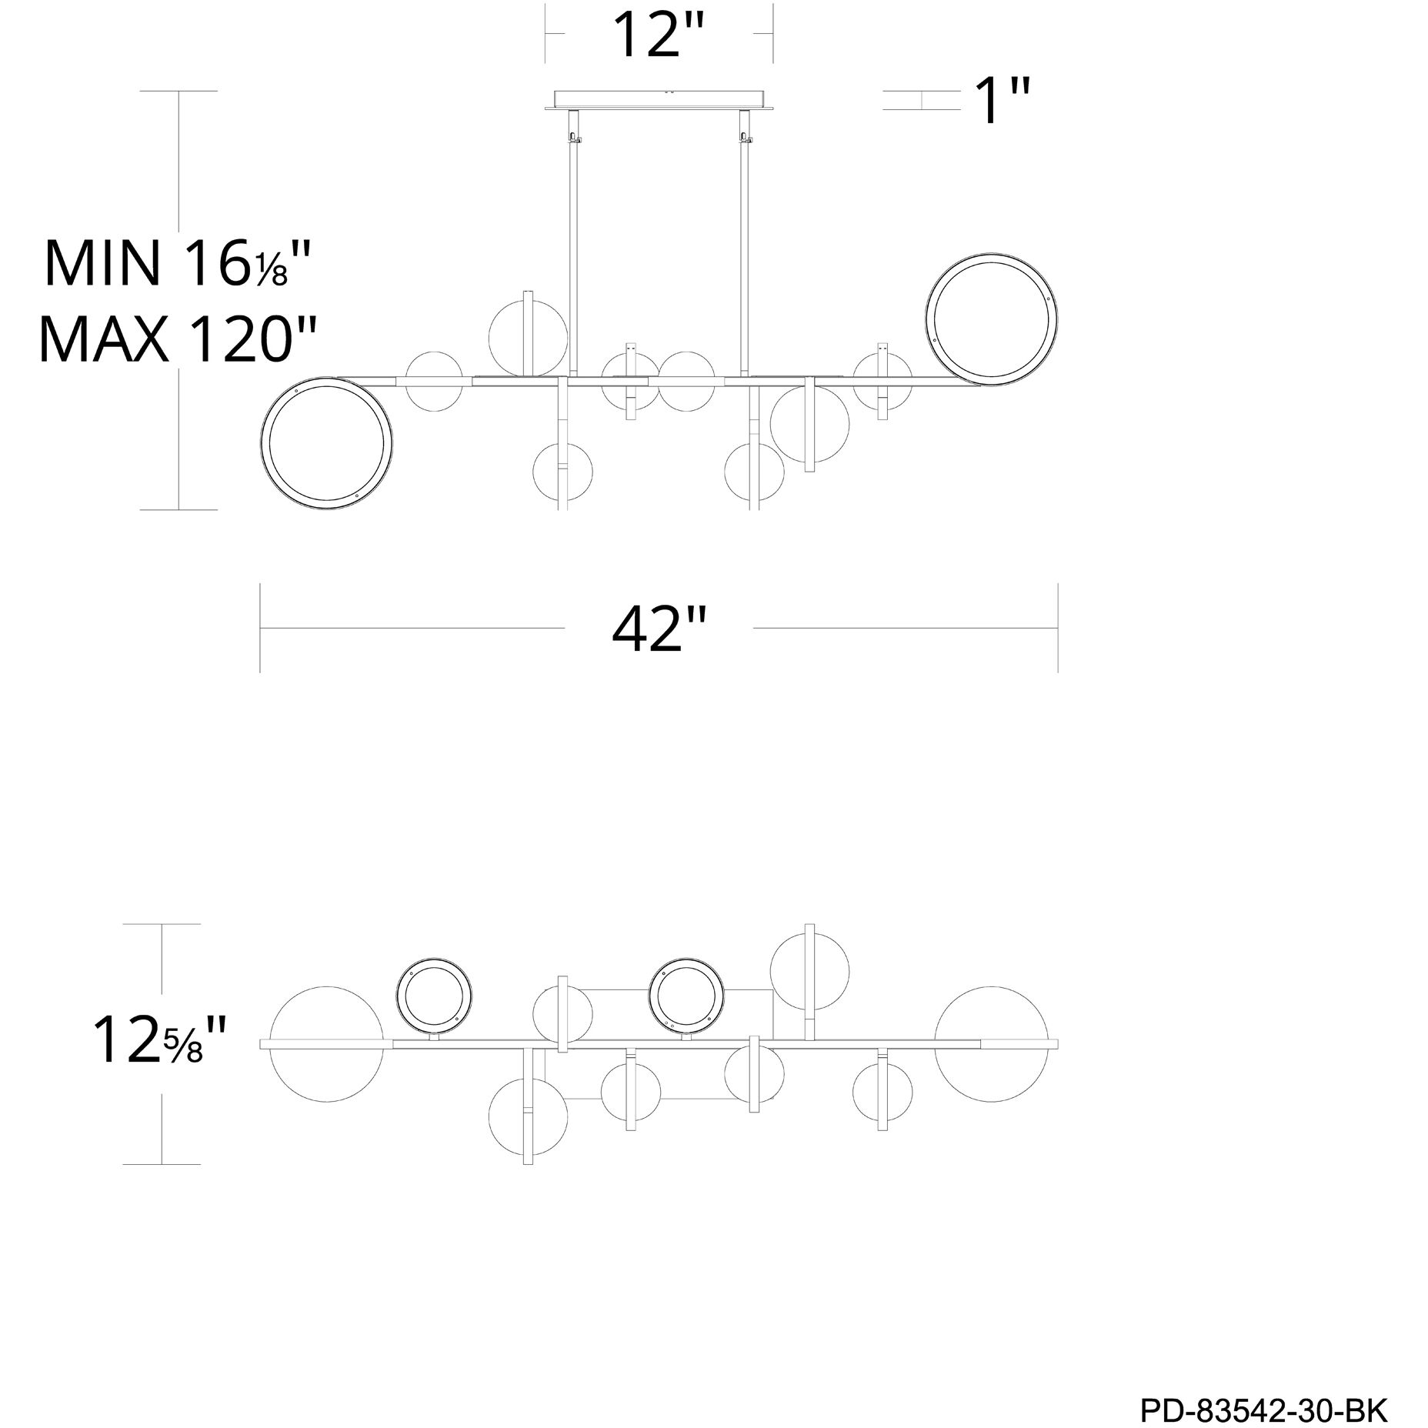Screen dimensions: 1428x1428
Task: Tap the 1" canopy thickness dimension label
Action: [x=1003, y=101]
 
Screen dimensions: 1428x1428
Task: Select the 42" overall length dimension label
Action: [x=659, y=629]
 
